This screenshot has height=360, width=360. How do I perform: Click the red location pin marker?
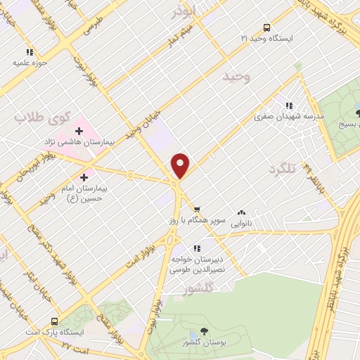[x=181, y=165]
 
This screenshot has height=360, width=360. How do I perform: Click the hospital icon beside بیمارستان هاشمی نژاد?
[x=79, y=130]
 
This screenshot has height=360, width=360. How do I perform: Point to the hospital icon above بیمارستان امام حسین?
[x=86, y=176]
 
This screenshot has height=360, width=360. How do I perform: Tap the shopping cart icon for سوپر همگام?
[x=197, y=209]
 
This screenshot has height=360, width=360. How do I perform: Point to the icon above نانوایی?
[x=242, y=212]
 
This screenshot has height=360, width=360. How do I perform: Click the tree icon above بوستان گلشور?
[x=203, y=331]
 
